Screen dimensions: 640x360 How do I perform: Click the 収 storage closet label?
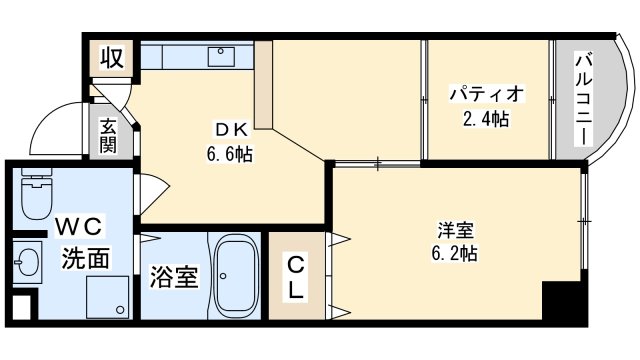(x=112, y=58)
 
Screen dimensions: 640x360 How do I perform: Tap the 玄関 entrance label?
(x=108, y=136)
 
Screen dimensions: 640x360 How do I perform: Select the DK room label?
(x=231, y=130)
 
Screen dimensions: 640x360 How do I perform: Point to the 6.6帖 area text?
(x=229, y=154)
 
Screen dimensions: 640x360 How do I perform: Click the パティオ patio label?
(x=486, y=94)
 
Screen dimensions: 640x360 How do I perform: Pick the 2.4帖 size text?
(x=486, y=119)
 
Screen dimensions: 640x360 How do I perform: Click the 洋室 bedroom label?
(x=456, y=230)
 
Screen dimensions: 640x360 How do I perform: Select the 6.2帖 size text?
(x=455, y=254)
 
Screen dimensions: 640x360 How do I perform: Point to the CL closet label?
(x=296, y=278)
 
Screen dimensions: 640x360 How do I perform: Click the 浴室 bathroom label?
(x=174, y=277)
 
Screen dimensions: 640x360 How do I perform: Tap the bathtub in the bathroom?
(x=236, y=277)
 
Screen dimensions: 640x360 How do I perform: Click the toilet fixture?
(x=37, y=193)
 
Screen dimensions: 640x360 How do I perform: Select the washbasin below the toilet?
(x=27, y=262)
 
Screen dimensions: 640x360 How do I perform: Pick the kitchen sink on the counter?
(x=221, y=57)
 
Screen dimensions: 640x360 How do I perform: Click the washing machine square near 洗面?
(x=107, y=297)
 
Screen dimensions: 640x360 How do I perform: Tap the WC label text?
(x=78, y=228)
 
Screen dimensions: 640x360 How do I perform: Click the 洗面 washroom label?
(x=85, y=258)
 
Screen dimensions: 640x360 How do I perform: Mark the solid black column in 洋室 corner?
(x=564, y=301)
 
